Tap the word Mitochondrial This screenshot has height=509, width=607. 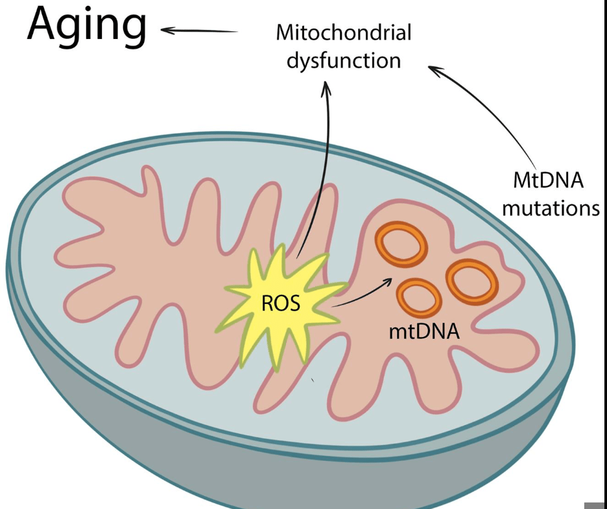click(x=344, y=32)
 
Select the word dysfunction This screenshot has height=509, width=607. click(x=344, y=60)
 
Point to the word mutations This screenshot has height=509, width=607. click(x=551, y=208)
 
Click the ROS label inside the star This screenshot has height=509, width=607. click(x=281, y=303)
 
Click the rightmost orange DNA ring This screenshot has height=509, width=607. click(x=472, y=281)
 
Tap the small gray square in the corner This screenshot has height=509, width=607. click(x=596, y=504)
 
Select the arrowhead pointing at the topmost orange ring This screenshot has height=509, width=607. click(x=389, y=281)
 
